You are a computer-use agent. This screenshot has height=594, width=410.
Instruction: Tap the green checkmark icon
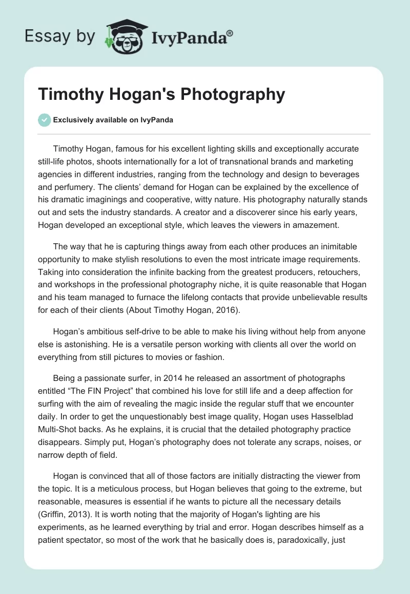(x=44, y=120)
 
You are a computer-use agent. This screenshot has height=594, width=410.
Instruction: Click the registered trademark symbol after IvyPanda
(x=230, y=32)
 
